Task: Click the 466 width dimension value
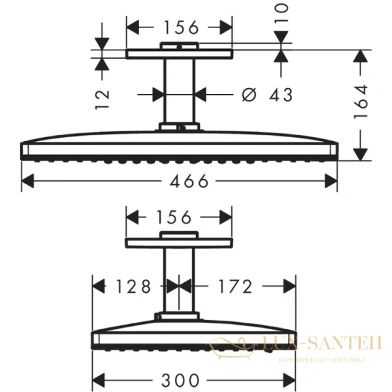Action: click(180, 181)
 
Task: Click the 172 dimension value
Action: click(231, 286)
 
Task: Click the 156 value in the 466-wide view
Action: click(179, 27)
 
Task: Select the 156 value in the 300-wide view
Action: click(179, 217)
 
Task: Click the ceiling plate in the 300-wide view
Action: click(179, 242)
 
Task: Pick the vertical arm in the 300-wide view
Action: click(179, 281)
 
